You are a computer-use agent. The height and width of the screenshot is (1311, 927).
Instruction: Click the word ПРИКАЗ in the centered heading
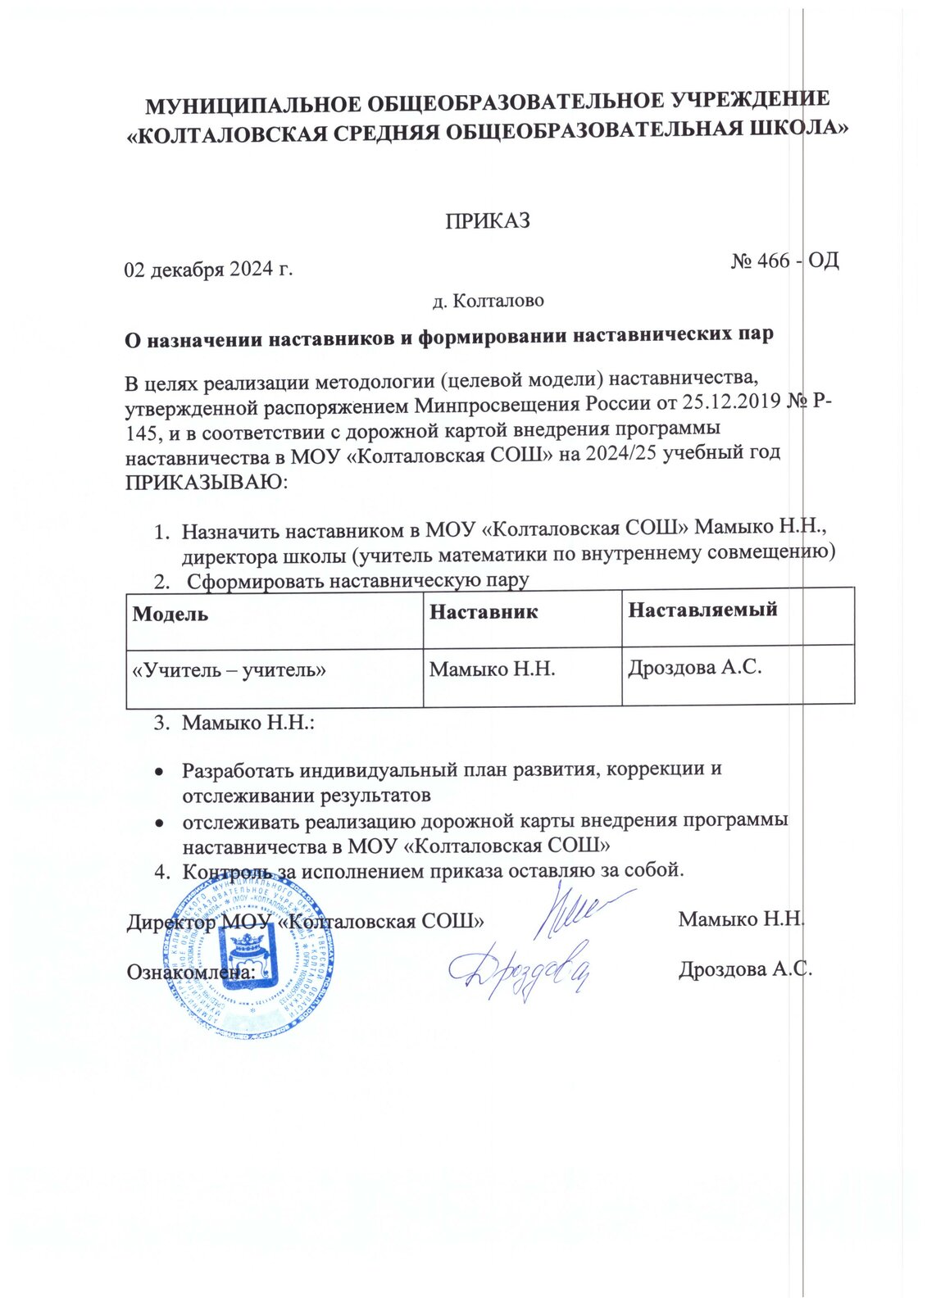click(488, 221)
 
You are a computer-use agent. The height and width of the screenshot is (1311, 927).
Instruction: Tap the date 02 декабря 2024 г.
click(208, 269)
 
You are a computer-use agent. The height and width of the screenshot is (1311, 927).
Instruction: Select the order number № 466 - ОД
click(784, 261)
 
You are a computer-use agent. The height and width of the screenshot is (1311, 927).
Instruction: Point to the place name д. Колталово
click(488, 301)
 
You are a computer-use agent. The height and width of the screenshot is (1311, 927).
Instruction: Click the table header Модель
click(170, 614)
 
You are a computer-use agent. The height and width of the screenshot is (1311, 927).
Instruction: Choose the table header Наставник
click(484, 611)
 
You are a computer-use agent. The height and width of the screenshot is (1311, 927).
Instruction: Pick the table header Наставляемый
click(702, 609)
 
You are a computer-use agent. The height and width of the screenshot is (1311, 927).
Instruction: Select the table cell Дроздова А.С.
click(695, 667)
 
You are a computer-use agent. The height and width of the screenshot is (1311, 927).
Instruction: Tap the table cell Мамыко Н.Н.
click(493, 669)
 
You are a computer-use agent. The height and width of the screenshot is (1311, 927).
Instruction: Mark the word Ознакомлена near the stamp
click(190, 972)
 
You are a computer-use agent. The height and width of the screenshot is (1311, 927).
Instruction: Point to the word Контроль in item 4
click(227, 870)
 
